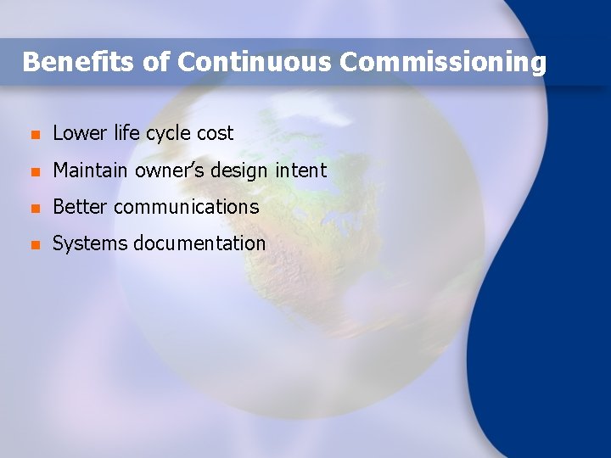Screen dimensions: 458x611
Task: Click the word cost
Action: (x=215, y=134)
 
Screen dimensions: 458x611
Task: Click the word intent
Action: (x=300, y=170)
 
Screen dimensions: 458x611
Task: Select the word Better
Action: (x=80, y=207)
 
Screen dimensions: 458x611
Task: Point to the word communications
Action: (x=186, y=207)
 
